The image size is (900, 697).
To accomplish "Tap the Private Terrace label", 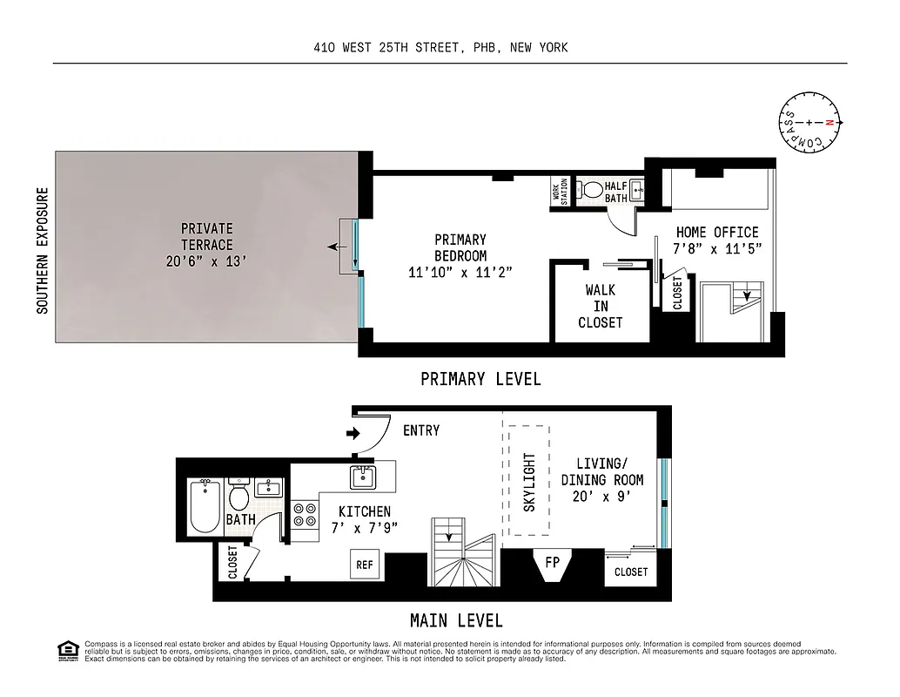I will point(206,236).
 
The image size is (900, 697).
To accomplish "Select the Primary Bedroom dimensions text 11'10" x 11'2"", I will point(460,272).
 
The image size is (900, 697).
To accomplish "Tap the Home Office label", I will point(717,233).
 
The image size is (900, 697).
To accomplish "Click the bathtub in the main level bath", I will point(205,508).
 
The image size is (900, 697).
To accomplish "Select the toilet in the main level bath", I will point(238,497).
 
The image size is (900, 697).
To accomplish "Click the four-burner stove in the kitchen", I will point(304,514).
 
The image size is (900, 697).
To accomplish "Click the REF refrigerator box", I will point(365,565).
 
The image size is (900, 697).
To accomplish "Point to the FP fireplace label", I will point(552,562).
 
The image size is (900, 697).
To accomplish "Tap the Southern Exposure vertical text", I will point(42,250).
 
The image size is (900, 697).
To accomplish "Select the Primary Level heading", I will point(480,379).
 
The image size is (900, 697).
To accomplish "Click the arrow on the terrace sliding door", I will point(333,247).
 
